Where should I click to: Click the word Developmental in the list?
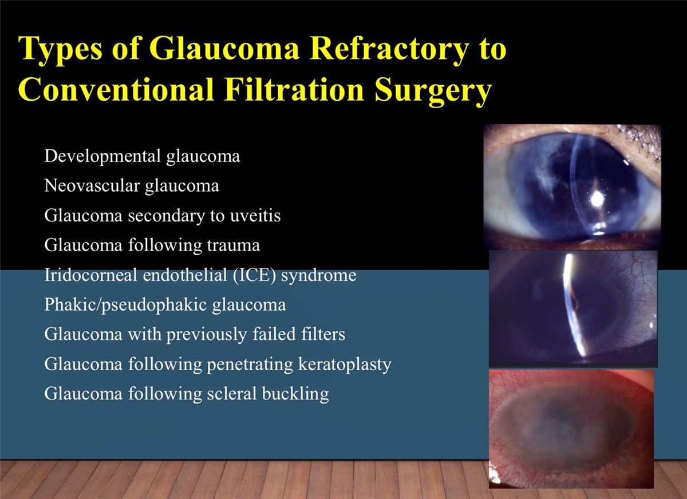(x=102, y=156)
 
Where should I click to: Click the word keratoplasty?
(x=342, y=365)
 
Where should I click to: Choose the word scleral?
(x=231, y=394)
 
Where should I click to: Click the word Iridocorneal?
(x=90, y=275)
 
